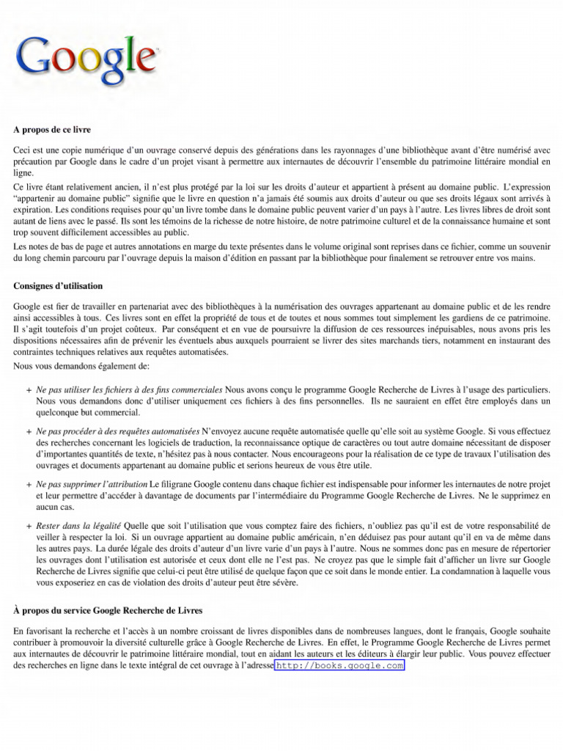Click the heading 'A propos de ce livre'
pos(52,130)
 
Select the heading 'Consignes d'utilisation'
pos(58,285)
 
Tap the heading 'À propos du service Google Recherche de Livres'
pos(108,610)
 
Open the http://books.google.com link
pos(340,665)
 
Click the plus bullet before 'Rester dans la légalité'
pos(28,527)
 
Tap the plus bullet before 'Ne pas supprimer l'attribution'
pos(28,486)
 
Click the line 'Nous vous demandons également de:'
pos(81,365)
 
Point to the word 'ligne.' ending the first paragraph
pos(23,173)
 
